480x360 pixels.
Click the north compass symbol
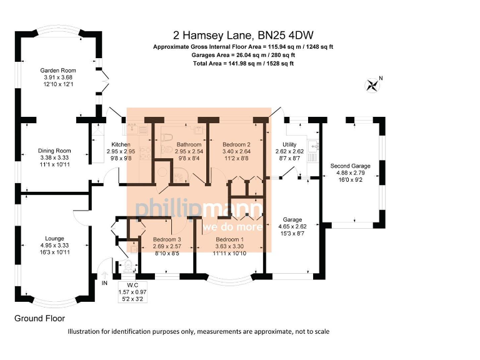click(x=374, y=85)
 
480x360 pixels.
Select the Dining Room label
click(x=54, y=151)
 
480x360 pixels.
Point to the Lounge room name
click(x=54, y=237)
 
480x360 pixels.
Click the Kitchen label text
click(x=121, y=144)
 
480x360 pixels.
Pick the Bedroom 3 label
click(x=166, y=240)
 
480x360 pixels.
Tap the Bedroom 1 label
click(x=230, y=240)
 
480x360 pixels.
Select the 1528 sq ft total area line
click(x=243, y=63)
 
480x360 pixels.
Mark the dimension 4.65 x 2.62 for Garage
click(x=292, y=227)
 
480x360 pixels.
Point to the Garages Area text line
click(x=243, y=55)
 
